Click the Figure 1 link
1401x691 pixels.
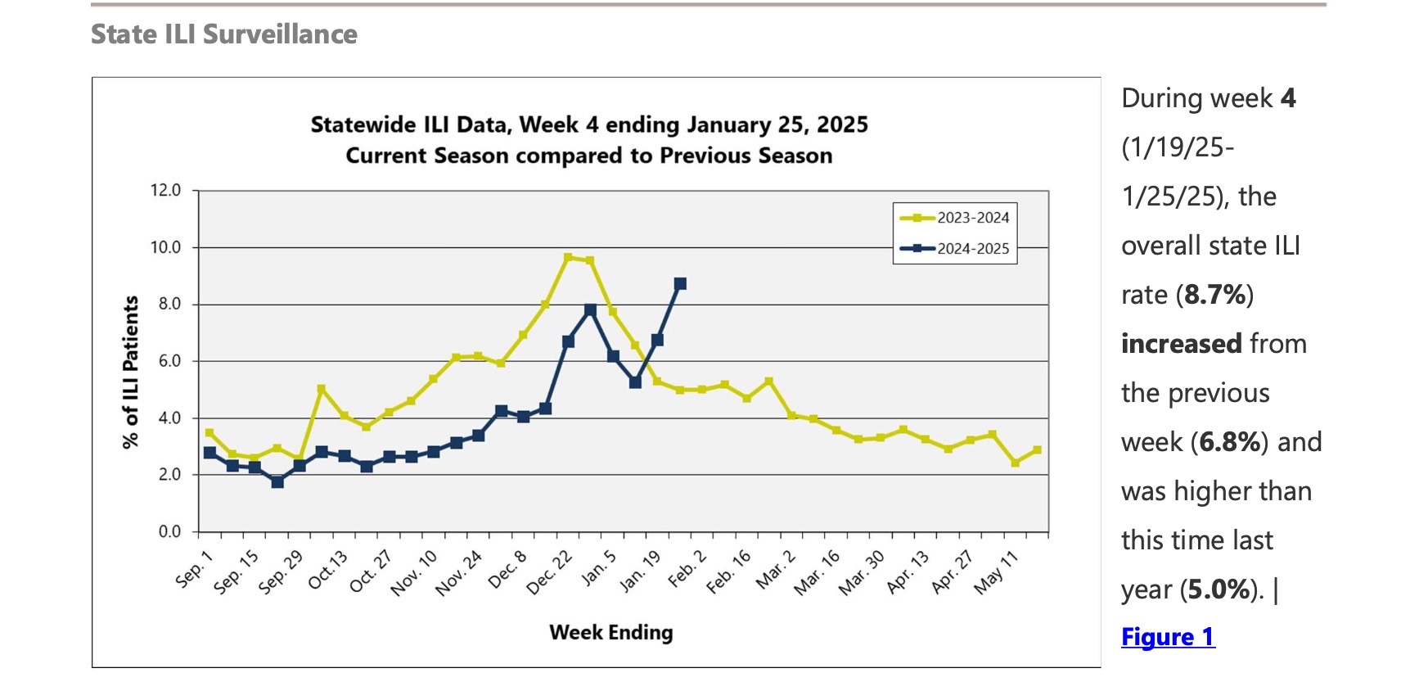(x=1168, y=637)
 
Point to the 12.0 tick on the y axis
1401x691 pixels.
(x=165, y=190)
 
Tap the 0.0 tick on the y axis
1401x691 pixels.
(x=169, y=532)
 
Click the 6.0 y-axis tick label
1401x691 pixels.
(x=169, y=361)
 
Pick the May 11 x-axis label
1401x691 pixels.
(x=996, y=572)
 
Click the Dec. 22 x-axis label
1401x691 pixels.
(x=549, y=572)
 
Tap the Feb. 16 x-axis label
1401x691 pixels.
(x=728, y=571)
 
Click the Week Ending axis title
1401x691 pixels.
(x=610, y=632)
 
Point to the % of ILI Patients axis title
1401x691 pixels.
(x=130, y=373)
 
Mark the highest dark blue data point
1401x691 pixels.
(x=680, y=284)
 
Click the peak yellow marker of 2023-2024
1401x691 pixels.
(x=568, y=257)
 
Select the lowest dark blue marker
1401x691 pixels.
(x=277, y=482)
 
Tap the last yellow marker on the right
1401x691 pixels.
(x=1038, y=450)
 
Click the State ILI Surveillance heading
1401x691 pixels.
(x=223, y=34)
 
